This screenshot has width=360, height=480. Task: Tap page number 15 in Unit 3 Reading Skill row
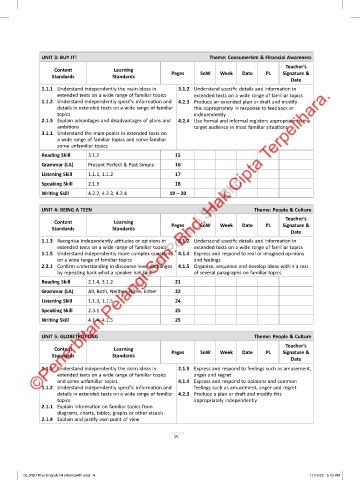[x=177, y=156]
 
